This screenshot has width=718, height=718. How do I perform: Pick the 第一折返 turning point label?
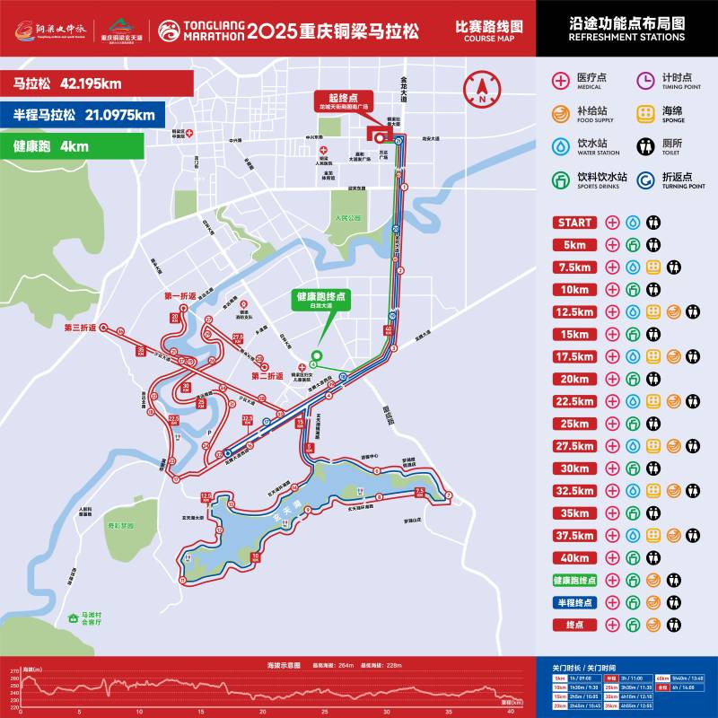click(x=179, y=296)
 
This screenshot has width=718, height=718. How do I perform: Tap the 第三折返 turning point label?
click(x=79, y=328)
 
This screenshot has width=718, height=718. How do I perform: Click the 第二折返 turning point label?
click(x=267, y=376)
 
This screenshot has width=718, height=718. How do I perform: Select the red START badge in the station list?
click(x=574, y=222)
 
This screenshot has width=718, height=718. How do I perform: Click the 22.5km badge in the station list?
click(x=574, y=401)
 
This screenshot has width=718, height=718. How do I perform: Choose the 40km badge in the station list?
click(x=574, y=558)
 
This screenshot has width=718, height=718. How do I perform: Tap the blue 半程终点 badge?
click(x=574, y=602)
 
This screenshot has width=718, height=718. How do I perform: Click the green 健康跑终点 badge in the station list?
click(x=574, y=581)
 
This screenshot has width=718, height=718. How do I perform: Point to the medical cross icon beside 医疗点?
click(x=561, y=80)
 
